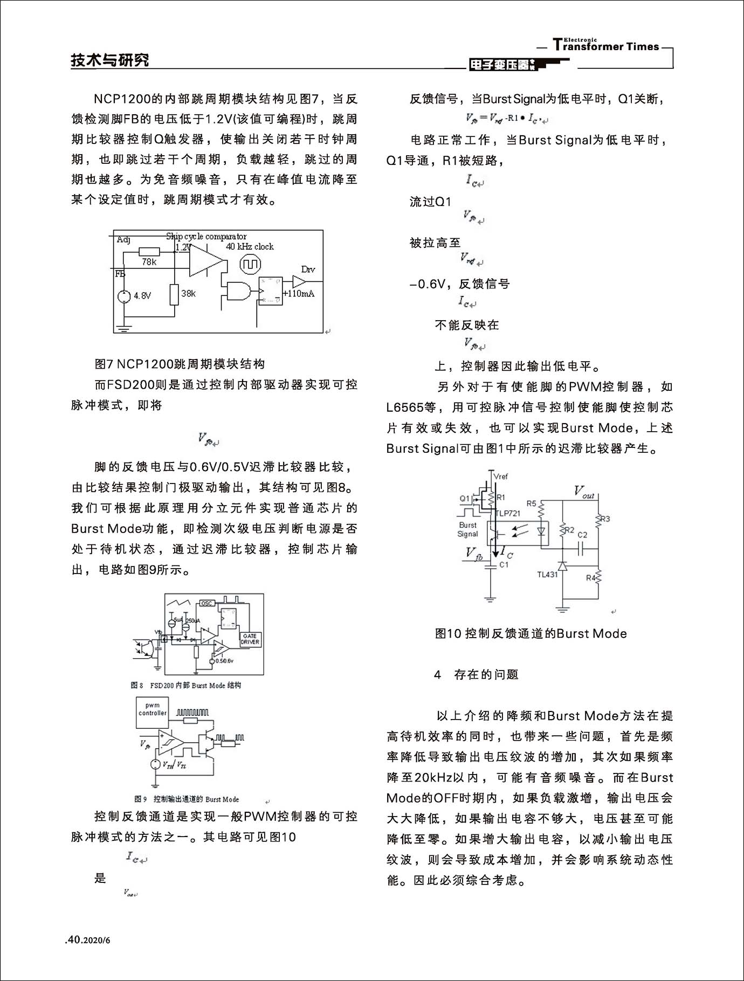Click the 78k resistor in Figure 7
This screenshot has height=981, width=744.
pyautogui.click(x=149, y=252)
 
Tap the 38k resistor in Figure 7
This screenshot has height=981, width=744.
pyautogui.click(x=174, y=294)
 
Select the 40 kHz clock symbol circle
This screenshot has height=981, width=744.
pyautogui.click(x=250, y=264)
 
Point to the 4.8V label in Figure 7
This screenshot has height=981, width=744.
pyautogui.click(x=142, y=295)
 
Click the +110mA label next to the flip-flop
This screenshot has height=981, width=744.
pyautogui.click(x=300, y=294)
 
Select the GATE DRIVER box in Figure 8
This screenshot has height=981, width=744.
pyautogui.click(x=250, y=639)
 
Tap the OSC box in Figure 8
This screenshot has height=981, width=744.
pyautogui.click(x=206, y=603)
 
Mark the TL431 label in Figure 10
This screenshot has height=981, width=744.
pyautogui.click(x=547, y=575)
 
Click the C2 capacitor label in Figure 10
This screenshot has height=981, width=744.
pyautogui.click(x=582, y=535)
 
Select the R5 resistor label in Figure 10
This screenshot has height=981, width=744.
pyautogui.click(x=532, y=503)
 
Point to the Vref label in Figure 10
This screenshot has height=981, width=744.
pyautogui.click(x=500, y=476)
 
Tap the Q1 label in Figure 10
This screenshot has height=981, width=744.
pyautogui.click(x=465, y=499)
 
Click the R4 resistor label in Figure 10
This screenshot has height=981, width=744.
pyautogui.click(x=591, y=578)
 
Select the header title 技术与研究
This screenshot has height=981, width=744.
pyautogui.click(x=110, y=60)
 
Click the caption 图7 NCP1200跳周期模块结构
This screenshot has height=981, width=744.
pyautogui.click(x=180, y=364)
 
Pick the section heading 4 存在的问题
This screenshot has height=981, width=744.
pyautogui.click(x=477, y=674)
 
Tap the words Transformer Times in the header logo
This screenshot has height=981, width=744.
pyautogui.click(x=606, y=46)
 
